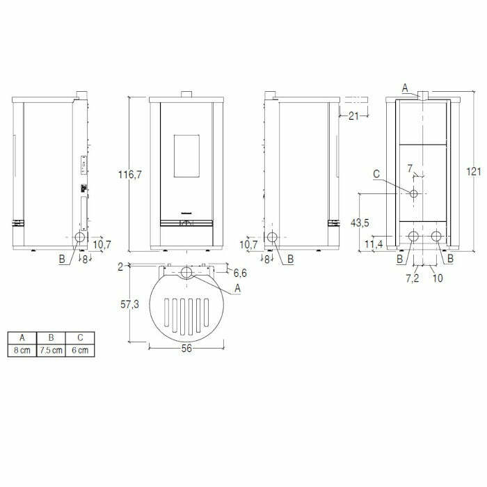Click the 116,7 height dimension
(130, 175)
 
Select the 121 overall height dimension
(474, 171)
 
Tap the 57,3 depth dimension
(130, 303)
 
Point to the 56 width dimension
(186, 350)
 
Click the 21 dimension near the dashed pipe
(353, 115)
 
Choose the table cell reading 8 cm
(22, 350)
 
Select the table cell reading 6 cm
(80, 350)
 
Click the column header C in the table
(80, 338)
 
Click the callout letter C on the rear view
(376, 175)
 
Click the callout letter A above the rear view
(406, 86)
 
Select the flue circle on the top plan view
(186, 272)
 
